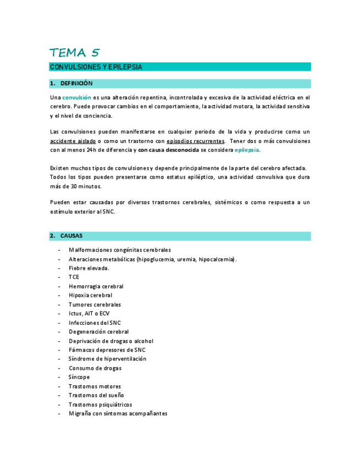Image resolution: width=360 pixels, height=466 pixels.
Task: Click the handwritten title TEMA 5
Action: (75, 53)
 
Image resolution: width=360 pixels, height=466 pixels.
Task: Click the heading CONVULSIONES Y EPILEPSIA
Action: (96, 67)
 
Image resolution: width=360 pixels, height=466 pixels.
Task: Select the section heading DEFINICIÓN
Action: (76, 84)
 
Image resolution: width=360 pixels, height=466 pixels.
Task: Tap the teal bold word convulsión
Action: (77, 97)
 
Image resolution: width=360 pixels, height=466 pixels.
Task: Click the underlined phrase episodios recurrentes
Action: (195, 141)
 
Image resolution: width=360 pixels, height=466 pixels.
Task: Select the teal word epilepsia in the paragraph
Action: (247, 150)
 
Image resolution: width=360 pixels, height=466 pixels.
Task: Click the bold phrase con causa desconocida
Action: (168, 150)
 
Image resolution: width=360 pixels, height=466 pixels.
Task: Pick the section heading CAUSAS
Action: (71, 236)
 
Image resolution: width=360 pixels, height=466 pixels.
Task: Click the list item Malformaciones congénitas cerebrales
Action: (120, 249)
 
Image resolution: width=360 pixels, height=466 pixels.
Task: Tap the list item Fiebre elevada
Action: (89, 268)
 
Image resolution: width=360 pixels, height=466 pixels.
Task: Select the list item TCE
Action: (74, 277)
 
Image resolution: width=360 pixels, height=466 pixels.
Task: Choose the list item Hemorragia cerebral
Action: (96, 286)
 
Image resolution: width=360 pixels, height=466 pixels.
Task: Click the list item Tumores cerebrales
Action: (95, 304)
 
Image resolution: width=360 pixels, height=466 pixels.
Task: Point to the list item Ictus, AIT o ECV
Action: (89, 314)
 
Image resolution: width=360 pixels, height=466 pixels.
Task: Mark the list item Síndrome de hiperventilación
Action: (107, 359)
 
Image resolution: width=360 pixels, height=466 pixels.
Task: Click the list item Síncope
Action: (79, 377)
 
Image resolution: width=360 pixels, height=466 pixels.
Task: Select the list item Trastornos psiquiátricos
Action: (101, 404)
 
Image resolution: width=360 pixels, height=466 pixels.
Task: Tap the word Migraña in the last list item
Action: (80, 414)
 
